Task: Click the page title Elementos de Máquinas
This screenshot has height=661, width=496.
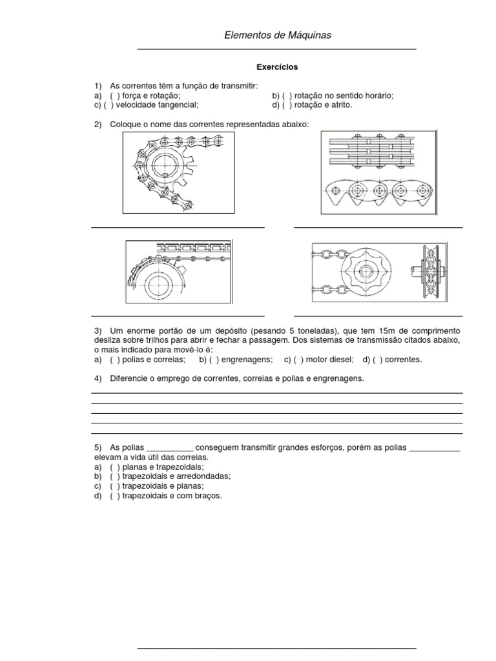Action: (277, 36)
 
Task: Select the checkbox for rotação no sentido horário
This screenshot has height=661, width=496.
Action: (287, 96)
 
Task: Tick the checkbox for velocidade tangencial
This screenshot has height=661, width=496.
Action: (114, 105)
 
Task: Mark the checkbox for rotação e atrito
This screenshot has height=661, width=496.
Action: (287, 105)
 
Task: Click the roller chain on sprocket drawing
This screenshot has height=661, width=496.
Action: (178, 173)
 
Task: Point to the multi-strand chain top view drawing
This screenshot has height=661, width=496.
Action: (378, 152)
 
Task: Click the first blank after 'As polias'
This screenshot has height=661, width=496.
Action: (170, 447)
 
